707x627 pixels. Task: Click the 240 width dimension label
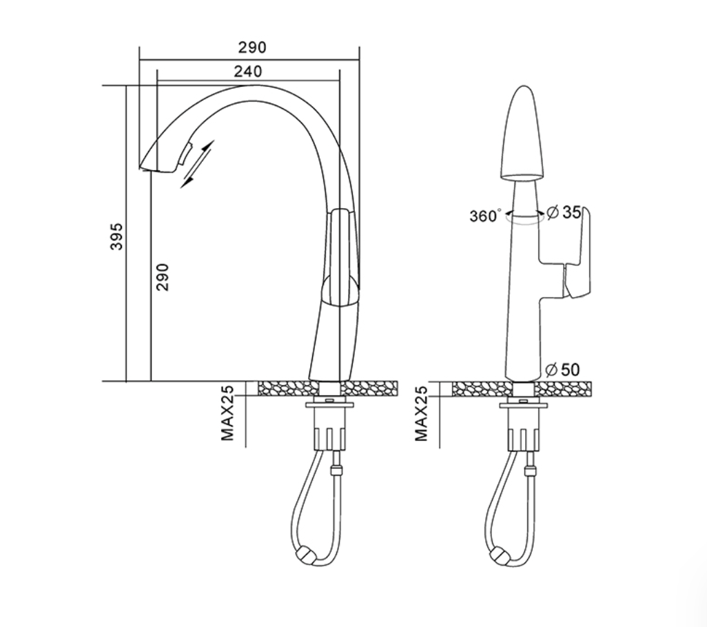[x=248, y=71]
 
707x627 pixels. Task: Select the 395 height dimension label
[x=116, y=236]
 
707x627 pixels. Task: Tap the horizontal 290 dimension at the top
[x=252, y=47]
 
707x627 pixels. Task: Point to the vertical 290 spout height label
[x=163, y=277]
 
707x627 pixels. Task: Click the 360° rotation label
[x=484, y=216]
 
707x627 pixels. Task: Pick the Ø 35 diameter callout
[x=564, y=212]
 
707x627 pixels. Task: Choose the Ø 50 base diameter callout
[x=563, y=369]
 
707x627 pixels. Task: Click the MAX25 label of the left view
[x=227, y=413]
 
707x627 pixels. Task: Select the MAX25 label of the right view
[x=421, y=413]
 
